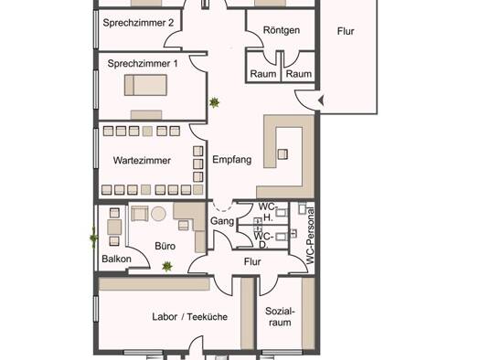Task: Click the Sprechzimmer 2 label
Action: (x=138, y=23)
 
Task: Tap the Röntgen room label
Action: (x=282, y=30)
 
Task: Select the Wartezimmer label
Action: (x=142, y=160)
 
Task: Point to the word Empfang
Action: (x=231, y=160)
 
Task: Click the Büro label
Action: (x=165, y=246)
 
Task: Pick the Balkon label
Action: (x=116, y=259)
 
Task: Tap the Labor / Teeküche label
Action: (x=190, y=317)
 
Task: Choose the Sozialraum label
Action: (x=280, y=317)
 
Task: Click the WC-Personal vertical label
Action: (x=310, y=236)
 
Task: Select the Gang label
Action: (x=222, y=221)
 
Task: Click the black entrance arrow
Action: (x=321, y=101)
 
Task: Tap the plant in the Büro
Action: (x=167, y=267)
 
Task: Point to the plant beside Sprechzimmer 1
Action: (x=214, y=102)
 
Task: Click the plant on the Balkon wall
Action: (x=93, y=238)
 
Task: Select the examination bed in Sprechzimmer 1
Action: (x=145, y=85)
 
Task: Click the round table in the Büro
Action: (x=158, y=214)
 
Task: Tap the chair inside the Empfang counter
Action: (x=283, y=154)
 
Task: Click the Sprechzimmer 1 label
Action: (x=143, y=64)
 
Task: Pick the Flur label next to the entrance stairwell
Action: (x=346, y=31)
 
